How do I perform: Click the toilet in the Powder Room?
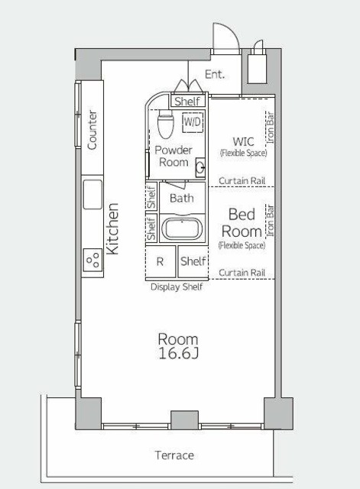(x=165, y=124)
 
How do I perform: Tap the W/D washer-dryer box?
(x=193, y=121)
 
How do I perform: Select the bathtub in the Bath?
(x=182, y=228)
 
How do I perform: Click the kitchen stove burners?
(x=92, y=260)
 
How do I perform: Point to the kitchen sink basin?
(x=92, y=195)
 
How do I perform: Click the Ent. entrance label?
(x=215, y=74)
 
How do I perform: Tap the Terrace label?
(x=174, y=455)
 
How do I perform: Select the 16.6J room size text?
(x=178, y=353)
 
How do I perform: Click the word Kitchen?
(x=112, y=228)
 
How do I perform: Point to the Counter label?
(x=92, y=130)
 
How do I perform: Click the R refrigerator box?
(x=161, y=261)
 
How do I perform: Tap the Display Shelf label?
(x=177, y=287)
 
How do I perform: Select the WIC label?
(x=243, y=141)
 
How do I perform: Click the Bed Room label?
(x=242, y=222)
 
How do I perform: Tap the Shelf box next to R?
(x=193, y=261)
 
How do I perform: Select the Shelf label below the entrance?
(x=187, y=101)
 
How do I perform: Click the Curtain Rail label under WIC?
(x=242, y=180)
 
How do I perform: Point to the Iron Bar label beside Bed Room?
(x=270, y=220)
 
